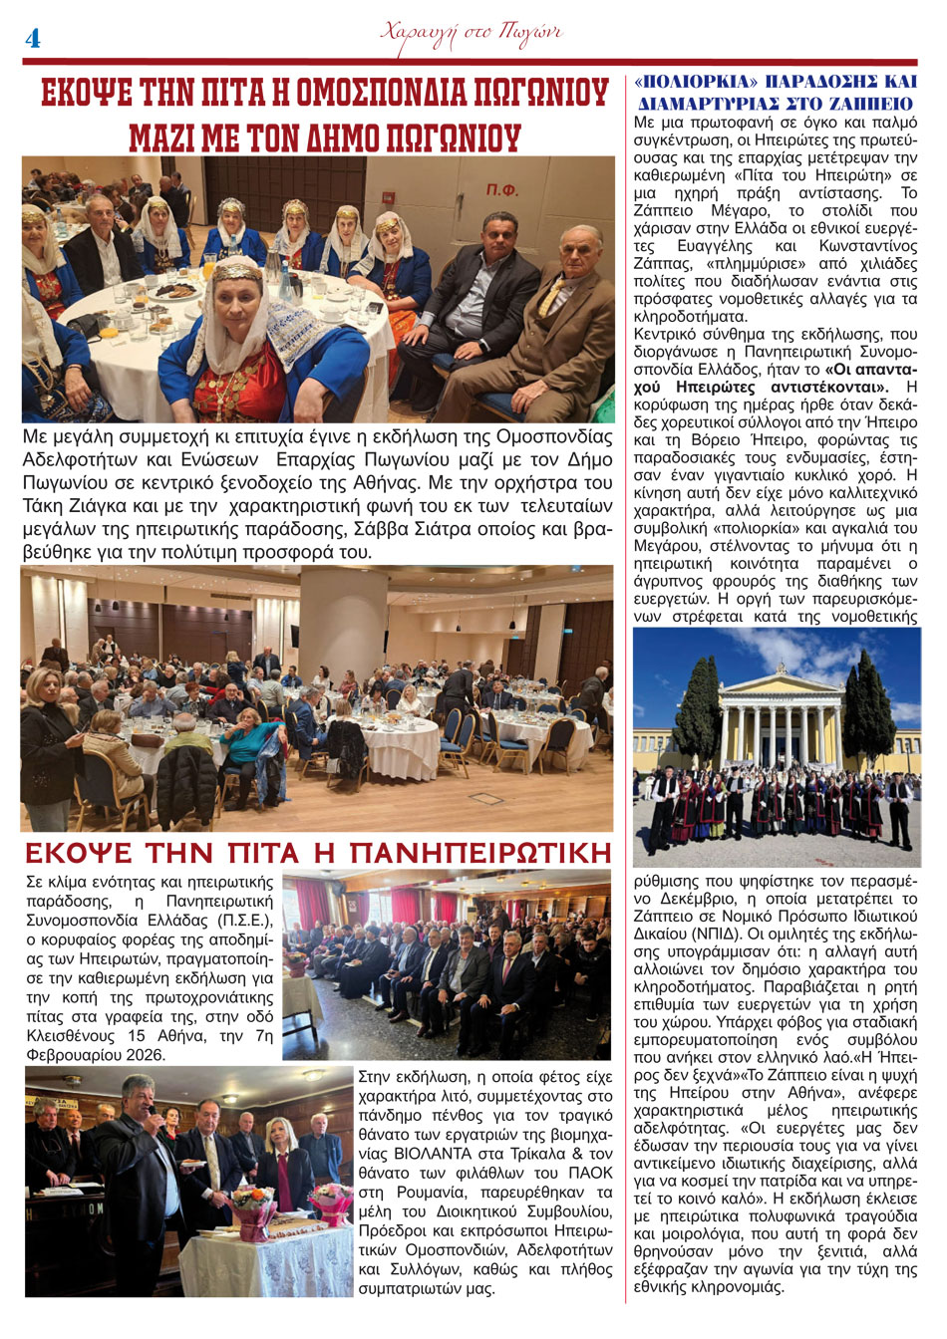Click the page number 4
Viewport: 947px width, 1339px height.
pos(32,39)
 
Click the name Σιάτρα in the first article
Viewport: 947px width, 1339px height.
pos(452,530)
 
